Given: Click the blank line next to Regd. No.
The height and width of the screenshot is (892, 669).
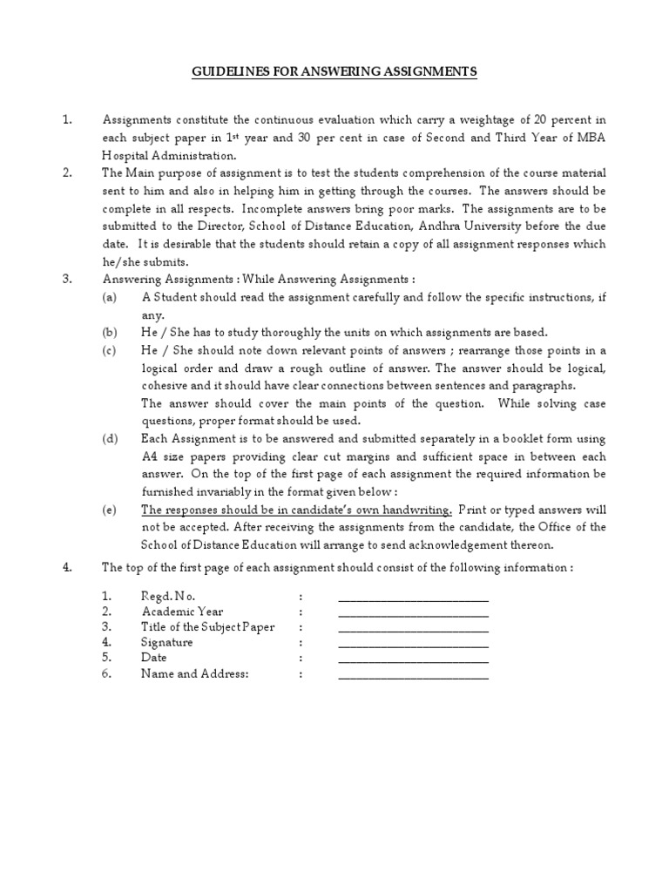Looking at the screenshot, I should [x=413, y=598].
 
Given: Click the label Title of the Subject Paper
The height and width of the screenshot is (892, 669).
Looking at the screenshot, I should [x=199, y=627].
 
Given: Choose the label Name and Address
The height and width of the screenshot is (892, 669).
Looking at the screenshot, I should [x=195, y=674].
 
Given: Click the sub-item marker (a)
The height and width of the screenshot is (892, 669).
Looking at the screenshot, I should [x=109, y=298].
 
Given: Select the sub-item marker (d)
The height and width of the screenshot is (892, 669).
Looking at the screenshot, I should [x=109, y=438].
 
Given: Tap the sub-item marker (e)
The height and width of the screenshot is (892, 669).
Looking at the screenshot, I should [x=109, y=510].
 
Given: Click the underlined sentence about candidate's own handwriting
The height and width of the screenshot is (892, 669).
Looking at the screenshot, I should [x=296, y=510].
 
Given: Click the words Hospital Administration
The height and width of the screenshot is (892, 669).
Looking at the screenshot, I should [x=169, y=155].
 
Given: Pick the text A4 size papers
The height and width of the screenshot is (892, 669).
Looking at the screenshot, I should [x=186, y=456].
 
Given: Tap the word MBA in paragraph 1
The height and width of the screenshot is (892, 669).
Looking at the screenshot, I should [x=591, y=138].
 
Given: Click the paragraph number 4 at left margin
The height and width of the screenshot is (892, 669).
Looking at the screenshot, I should [x=67, y=568].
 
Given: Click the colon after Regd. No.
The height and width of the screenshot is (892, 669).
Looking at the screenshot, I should [x=300, y=597].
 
